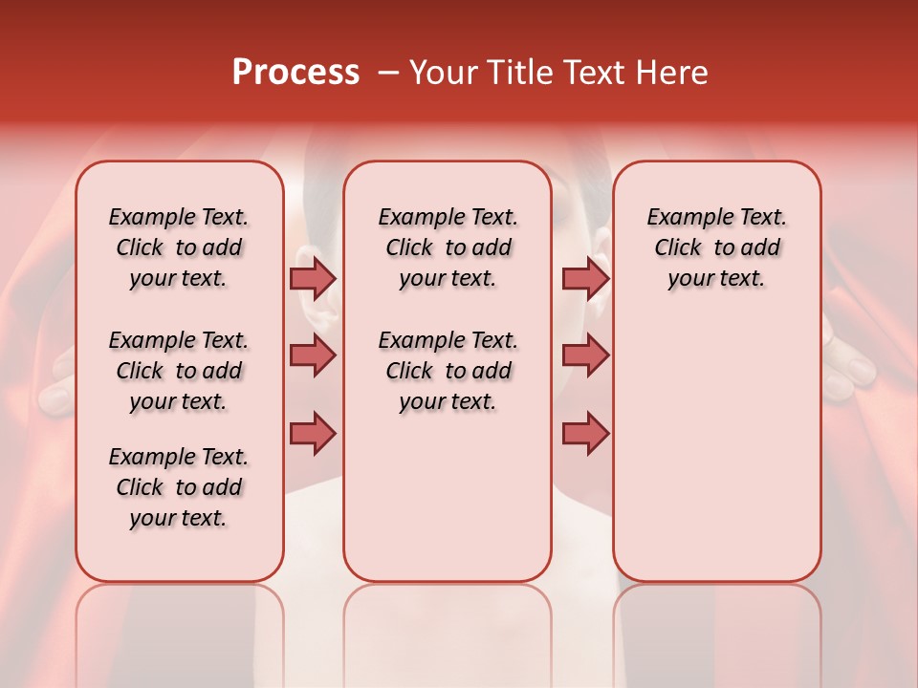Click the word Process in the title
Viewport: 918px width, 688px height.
point(295,73)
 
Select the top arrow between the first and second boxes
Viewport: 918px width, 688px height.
point(313,279)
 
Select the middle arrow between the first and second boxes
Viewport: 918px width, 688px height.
point(313,355)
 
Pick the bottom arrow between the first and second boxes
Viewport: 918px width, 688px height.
point(313,433)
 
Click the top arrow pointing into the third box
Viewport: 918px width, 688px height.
point(585,279)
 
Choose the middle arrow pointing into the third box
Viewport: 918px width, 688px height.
point(585,355)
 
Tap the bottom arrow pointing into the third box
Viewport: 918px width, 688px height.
point(585,433)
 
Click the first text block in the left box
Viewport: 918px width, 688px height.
point(179,247)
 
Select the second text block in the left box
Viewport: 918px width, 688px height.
point(179,371)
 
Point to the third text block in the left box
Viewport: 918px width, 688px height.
point(179,487)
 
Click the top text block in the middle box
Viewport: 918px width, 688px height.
point(448,247)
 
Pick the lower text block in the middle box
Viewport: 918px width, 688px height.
point(448,371)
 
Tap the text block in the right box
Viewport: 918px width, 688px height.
point(716,247)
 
